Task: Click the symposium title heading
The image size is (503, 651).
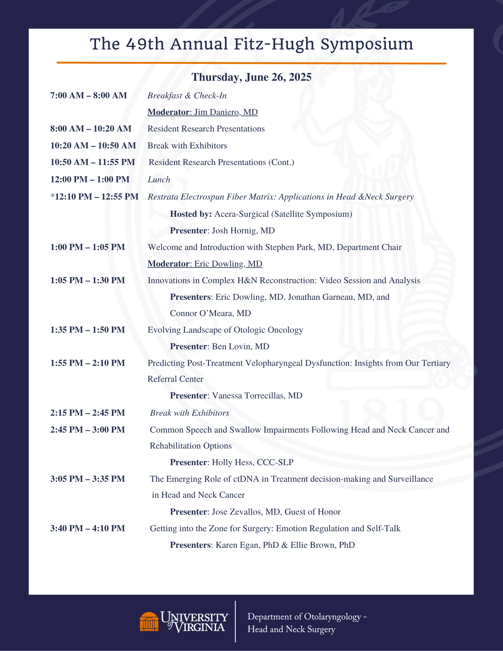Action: tap(251, 44)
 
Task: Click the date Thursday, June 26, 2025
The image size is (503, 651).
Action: tap(251, 77)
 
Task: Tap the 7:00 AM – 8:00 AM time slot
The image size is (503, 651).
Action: tap(89, 95)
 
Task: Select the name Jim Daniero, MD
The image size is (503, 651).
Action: tap(226, 112)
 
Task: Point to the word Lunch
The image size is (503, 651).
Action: tap(159, 179)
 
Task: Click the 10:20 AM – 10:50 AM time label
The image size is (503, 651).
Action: tap(93, 145)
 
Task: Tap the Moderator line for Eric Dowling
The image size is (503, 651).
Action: tap(205, 264)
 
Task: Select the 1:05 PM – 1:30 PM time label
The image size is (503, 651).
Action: tap(88, 280)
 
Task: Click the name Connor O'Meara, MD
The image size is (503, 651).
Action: tap(210, 313)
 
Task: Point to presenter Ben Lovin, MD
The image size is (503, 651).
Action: tap(241, 347)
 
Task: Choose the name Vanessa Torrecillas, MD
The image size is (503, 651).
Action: tap(257, 396)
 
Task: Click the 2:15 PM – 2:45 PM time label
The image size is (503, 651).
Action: tap(88, 413)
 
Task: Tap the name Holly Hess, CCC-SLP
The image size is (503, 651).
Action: tap(253, 463)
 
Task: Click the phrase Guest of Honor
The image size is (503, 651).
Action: tap(313, 512)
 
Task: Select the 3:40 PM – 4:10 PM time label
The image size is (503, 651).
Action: tap(88, 528)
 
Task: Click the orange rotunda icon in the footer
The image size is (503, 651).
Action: tap(149, 621)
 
